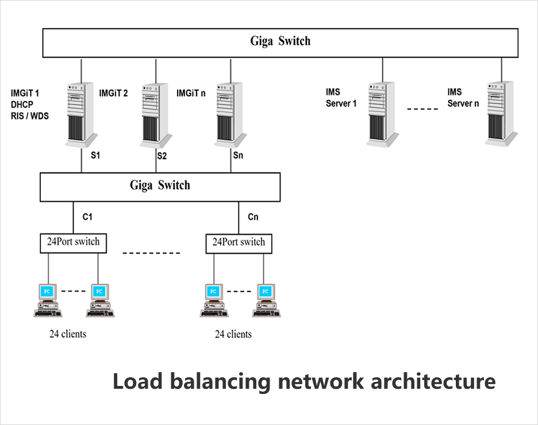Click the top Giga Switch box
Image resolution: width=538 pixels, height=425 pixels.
(x=280, y=42)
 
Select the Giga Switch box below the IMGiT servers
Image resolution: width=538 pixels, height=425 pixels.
(x=160, y=186)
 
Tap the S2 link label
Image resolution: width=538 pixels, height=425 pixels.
(x=162, y=155)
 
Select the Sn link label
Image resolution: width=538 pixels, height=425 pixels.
(x=239, y=155)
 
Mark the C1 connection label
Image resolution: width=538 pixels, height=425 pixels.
(x=87, y=217)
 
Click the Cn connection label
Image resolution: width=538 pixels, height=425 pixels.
(x=253, y=217)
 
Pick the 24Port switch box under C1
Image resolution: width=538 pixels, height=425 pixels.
(x=74, y=243)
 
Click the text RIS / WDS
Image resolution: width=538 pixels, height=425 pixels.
(x=30, y=116)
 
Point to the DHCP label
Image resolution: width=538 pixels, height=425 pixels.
(x=23, y=104)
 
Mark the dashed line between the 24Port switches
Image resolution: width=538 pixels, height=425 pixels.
(x=152, y=252)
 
